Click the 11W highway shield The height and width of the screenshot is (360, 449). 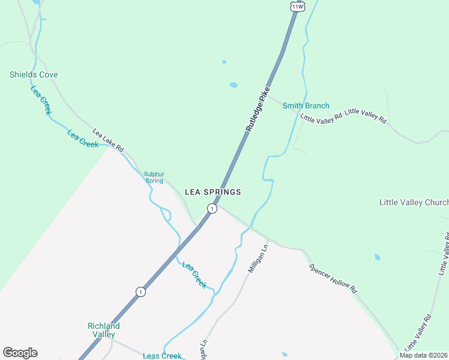(x=297, y=5)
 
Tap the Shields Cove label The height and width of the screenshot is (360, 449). (x=34, y=75)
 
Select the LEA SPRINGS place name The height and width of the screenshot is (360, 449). (x=212, y=192)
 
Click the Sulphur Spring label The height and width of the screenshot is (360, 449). (x=154, y=178)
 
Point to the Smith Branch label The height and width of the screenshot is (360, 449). (x=306, y=106)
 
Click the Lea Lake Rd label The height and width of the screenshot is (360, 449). (x=108, y=140)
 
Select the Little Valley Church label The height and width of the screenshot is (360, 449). (x=414, y=202)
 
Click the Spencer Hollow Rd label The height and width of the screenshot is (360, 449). (x=333, y=278)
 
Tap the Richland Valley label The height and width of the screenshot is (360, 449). (x=104, y=330)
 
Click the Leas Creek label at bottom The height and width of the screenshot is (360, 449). (x=162, y=356)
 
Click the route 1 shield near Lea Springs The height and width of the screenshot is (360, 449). (x=211, y=208)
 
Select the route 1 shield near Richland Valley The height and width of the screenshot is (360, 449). (x=140, y=292)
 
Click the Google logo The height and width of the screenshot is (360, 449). (x=20, y=353)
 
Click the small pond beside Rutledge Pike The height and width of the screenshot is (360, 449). (x=234, y=85)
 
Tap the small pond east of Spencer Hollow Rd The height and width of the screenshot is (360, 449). (x=377, y=257)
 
